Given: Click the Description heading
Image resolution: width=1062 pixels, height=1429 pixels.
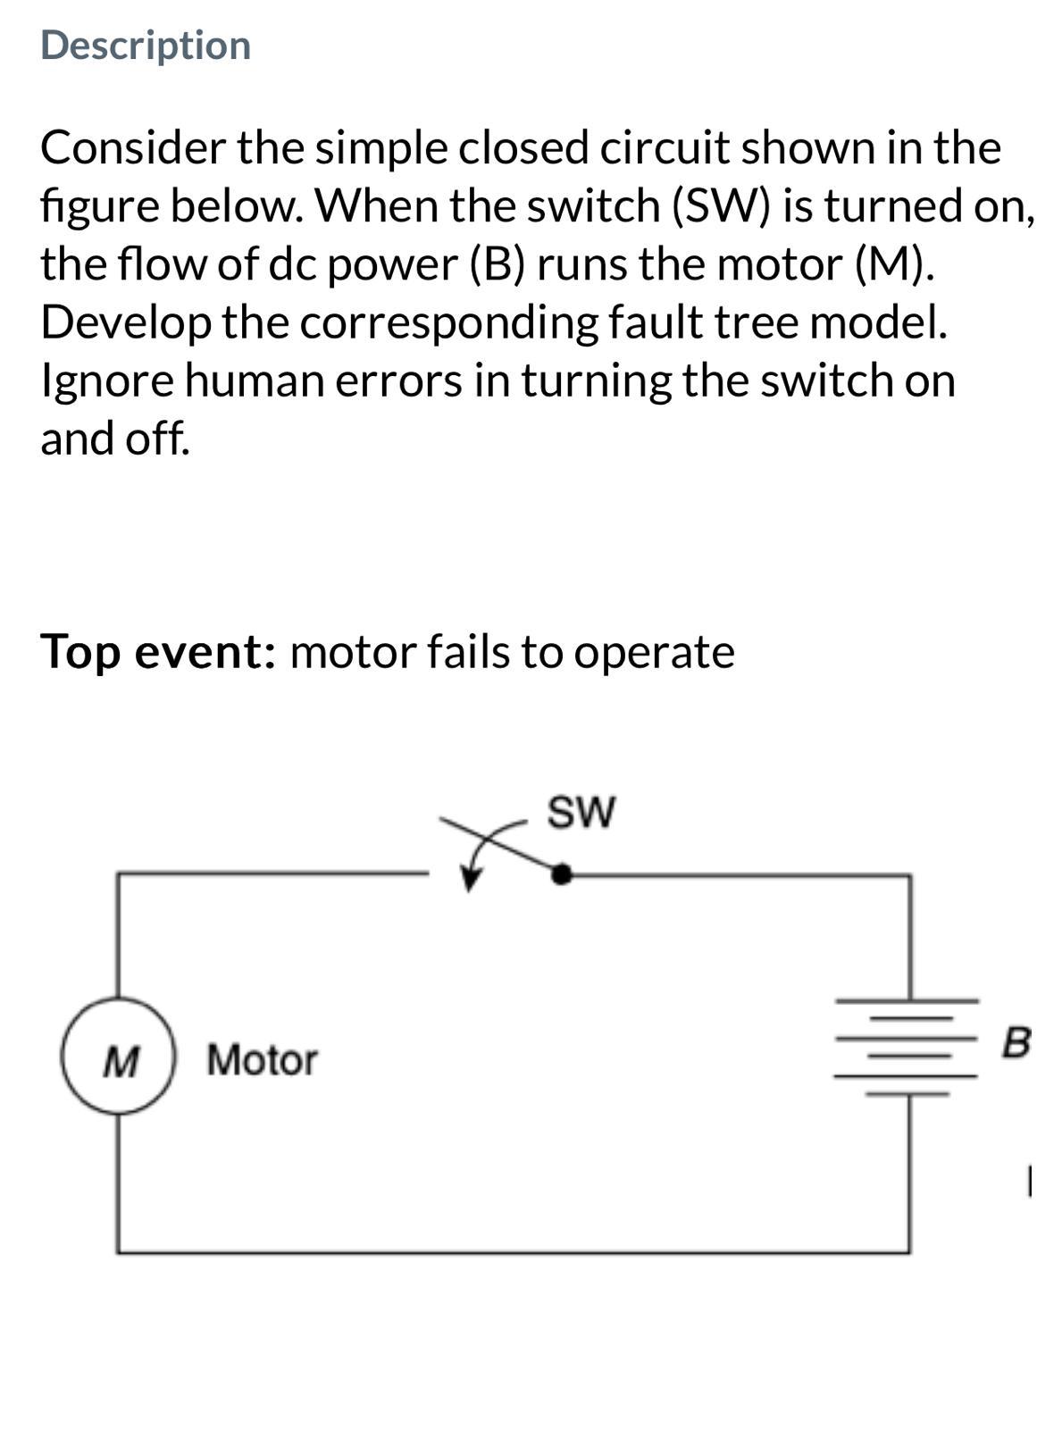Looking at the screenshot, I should click(x=146, y=46).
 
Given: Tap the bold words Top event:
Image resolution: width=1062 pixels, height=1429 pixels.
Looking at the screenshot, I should click(x=157, y=651).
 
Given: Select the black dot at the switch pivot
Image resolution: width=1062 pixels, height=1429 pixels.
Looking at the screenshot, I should click(x=561, y=874).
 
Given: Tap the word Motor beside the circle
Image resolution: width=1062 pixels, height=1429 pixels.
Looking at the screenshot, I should click(x=262, y=1060).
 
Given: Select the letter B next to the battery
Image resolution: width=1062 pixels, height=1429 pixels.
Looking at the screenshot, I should click(x=1016, y=1041).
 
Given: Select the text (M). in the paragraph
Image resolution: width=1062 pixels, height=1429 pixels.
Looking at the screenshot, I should click(x=892, y=264).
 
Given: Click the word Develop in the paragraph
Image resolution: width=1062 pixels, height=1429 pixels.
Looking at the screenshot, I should click(x=124, y=322).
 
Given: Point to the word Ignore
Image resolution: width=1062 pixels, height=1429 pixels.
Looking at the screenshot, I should click(x=106, y=380).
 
